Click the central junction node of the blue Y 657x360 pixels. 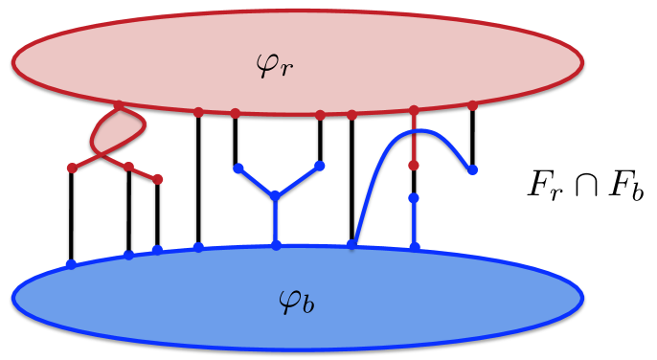pos(276,197)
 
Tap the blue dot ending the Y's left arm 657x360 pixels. pos(237,169)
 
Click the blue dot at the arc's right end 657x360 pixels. pos(472,170)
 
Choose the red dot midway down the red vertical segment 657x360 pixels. pos(414,166)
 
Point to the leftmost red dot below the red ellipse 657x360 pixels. pos(72,169)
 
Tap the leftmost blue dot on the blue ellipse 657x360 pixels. pos(70,264)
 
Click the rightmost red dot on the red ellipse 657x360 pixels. pos(472,105)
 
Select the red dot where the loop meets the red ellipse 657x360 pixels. pos(118,105)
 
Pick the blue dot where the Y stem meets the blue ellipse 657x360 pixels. pos(276,245)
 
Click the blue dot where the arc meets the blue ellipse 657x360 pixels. pos(351,245)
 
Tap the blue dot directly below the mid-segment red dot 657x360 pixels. pos(414,198)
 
